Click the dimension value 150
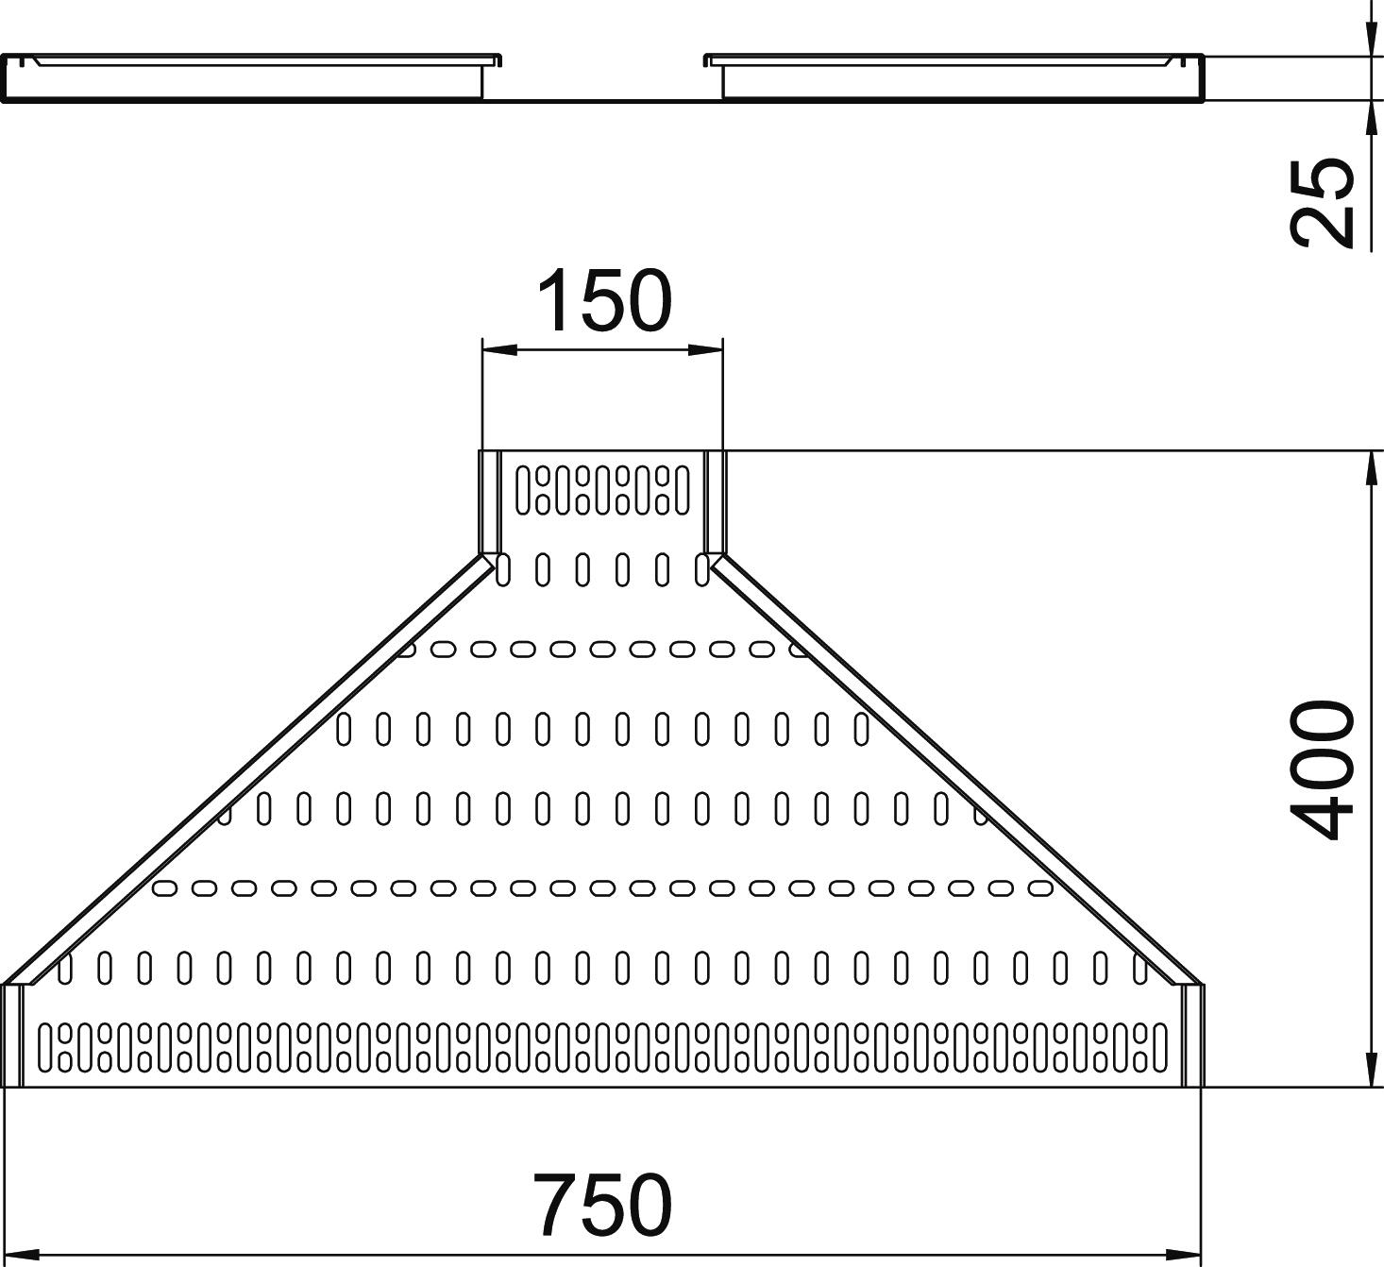[604, 300]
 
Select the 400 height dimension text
[1323, 769]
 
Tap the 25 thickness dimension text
[1322, 202]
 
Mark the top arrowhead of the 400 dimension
[1370, 468]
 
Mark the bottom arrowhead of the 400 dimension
[1370, 1071]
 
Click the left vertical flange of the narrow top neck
[490, 502]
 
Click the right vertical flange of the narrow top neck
[715, 502]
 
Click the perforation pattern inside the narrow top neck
[602, 490]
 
